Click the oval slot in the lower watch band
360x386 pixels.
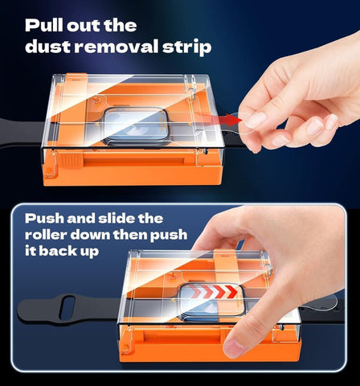pyautogui.click(x=67, y=307)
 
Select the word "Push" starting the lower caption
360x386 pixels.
pyautogui.click(x=45, y=218)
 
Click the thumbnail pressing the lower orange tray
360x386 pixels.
pyautogui.click(x=234, y=347)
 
